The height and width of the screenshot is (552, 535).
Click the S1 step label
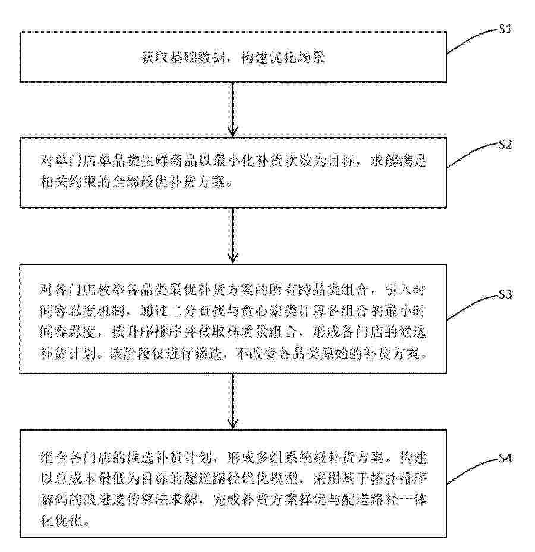[x=505, y=29]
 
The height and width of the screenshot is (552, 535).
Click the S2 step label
[x=505, y=144]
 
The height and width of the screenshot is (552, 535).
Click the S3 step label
[x=505, y=294]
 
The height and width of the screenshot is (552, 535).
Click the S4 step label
[x=505, y=458]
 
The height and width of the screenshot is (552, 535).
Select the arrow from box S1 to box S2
[x=232, y=109]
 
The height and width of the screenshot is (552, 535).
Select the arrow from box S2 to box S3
[x=232, y=236]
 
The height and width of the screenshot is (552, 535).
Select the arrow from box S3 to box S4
[x=232, y=402]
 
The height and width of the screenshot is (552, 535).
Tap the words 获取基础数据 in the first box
[x=183, y=57]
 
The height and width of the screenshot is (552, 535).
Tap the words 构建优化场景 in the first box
[x=283, y=57]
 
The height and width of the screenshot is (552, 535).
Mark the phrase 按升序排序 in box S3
[x=146, y=333]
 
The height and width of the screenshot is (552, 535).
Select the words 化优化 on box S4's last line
[x=62, y=520]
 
